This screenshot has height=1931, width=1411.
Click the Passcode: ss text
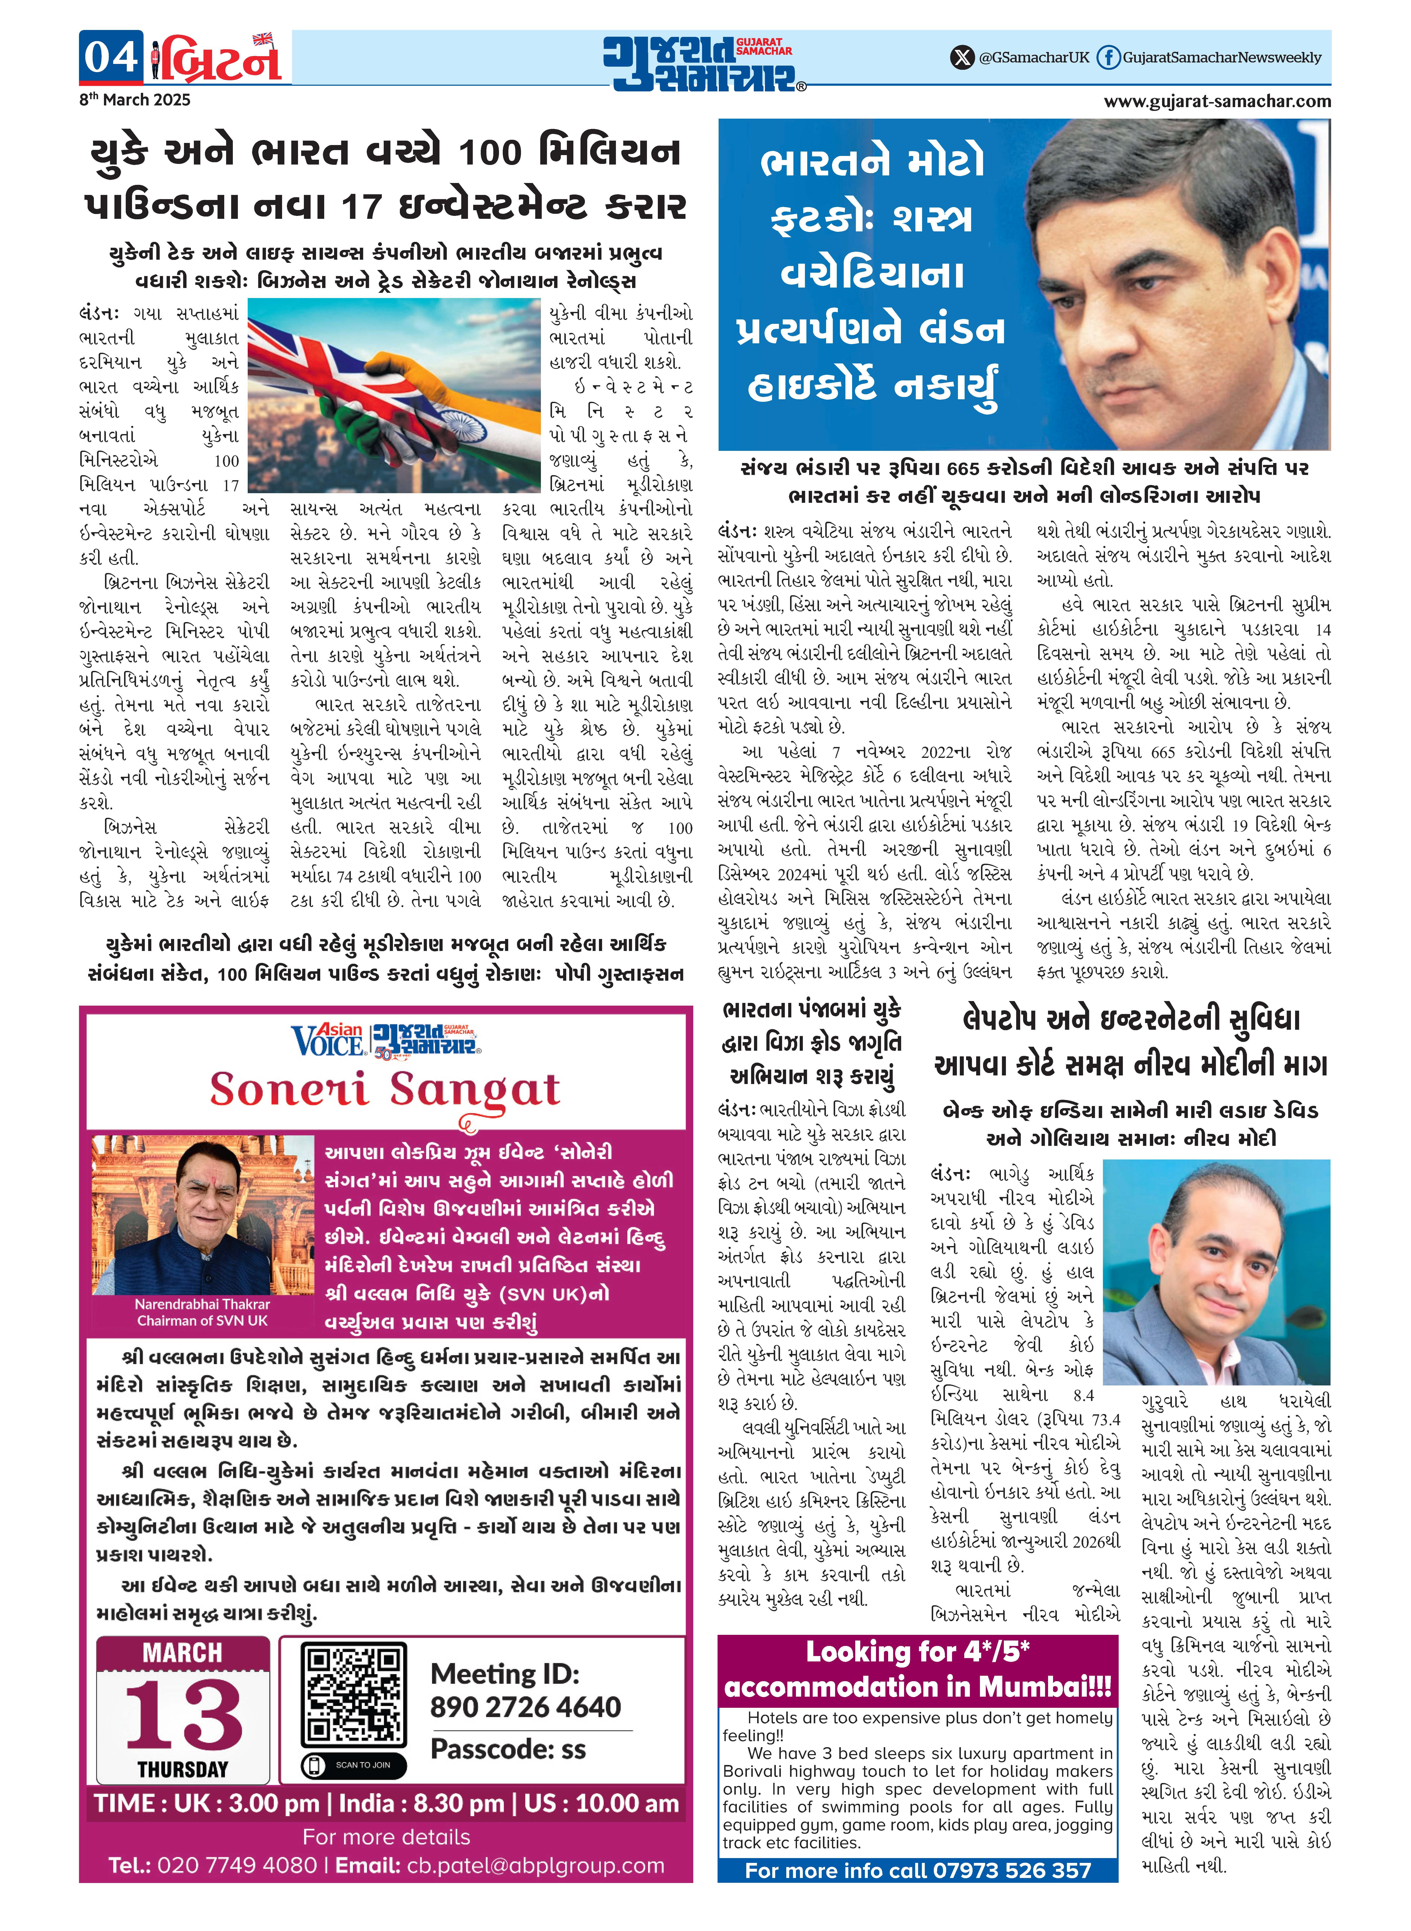coord(508,1749)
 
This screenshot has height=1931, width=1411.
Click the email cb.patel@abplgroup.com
coord(535,1865)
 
